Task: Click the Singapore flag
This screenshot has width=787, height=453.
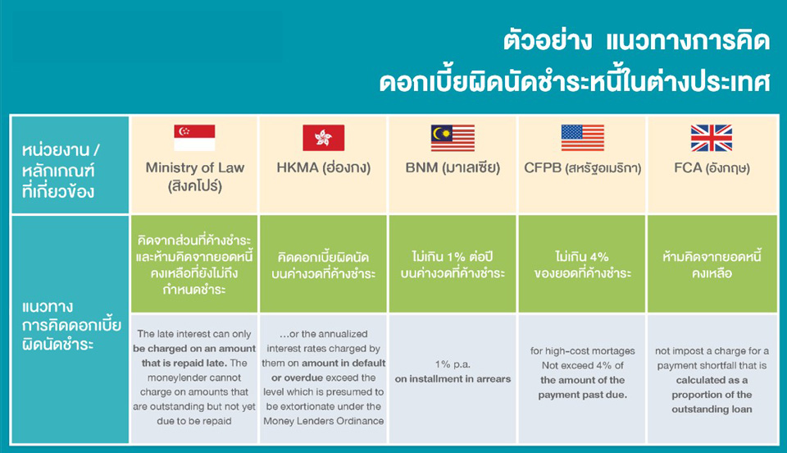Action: tap(194, 138)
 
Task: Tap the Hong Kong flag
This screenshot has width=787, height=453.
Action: tap(323, 138)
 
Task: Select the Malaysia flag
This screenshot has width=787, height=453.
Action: tap(453, 138)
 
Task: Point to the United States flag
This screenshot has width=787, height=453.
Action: tap(582, 138)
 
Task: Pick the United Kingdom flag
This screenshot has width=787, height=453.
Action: tap(712, 138)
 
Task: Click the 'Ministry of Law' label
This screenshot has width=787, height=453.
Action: tap(195, 167)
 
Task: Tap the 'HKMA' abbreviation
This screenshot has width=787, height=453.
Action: tap(298, 167)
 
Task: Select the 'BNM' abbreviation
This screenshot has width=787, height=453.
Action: tap(421, 167)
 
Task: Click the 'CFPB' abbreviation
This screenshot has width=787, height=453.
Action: tap(543, 167)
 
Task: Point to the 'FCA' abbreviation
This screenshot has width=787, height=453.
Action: tap(688, 167)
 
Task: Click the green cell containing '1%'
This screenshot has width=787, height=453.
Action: tap(453, 264)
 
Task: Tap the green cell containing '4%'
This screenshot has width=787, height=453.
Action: tap(582, 264)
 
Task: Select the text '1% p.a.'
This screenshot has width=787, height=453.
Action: tap(453, 364)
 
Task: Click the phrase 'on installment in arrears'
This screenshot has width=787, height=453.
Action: tap(453, 379)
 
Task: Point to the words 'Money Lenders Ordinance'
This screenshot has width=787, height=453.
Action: tap(324, 421)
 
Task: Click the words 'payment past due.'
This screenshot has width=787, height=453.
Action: tap(582, 395)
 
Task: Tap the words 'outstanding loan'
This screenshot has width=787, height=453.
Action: tap(712, 410)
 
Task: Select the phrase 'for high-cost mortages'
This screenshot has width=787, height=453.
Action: tap(582, 351)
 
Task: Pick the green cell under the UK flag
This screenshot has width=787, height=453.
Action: tap(712, 264)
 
